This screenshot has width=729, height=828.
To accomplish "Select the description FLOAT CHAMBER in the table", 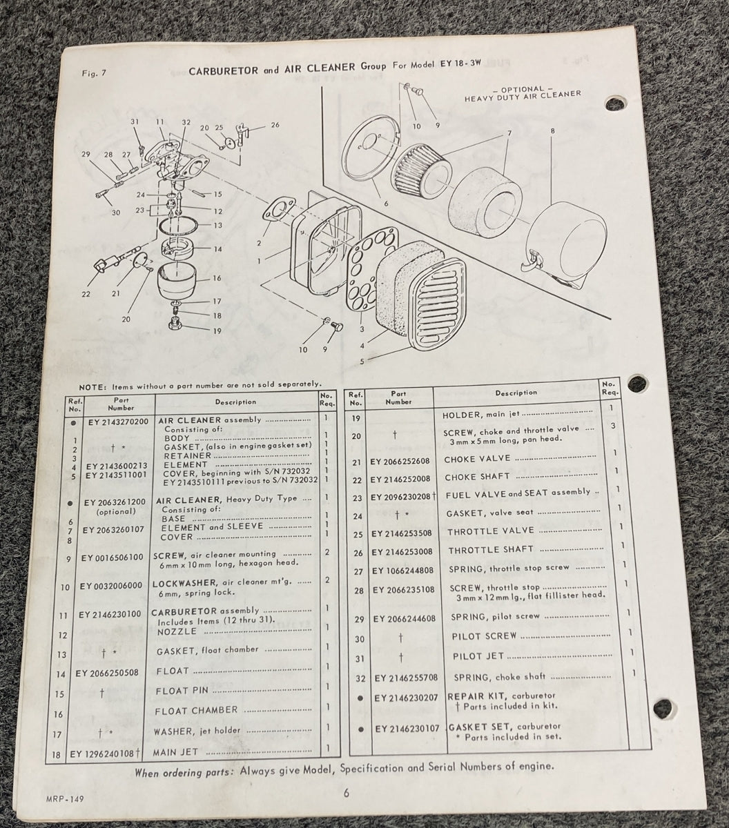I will coord(196,710).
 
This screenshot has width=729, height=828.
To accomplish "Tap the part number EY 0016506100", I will coord(111,558).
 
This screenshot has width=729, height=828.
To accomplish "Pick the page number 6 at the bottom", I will coord(346,793).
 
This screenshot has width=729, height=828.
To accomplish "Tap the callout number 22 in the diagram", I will coord(86,294).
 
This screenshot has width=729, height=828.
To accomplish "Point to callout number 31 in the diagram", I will coord(135,122).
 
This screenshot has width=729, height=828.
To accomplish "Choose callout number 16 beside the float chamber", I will coord(217,278).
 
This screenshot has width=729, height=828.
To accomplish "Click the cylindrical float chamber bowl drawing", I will coord(177,284).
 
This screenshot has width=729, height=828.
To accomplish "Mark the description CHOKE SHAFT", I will coord(476,477).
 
